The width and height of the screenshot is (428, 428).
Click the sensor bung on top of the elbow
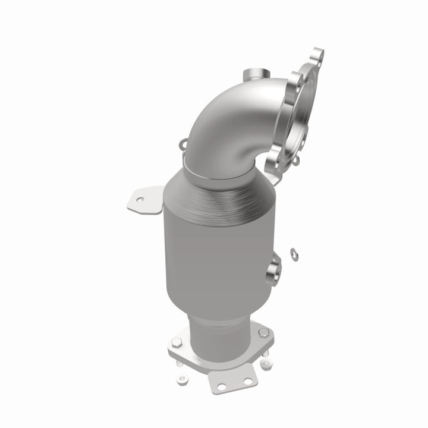[254, 76]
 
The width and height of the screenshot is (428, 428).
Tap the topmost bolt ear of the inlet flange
[317, 55]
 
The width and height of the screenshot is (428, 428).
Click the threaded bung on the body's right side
[275, 269]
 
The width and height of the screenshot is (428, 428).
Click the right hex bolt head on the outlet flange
[262, 332]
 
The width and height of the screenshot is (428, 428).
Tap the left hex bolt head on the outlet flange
[176, 343]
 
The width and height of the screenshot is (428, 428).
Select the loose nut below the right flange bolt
[266, 363]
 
